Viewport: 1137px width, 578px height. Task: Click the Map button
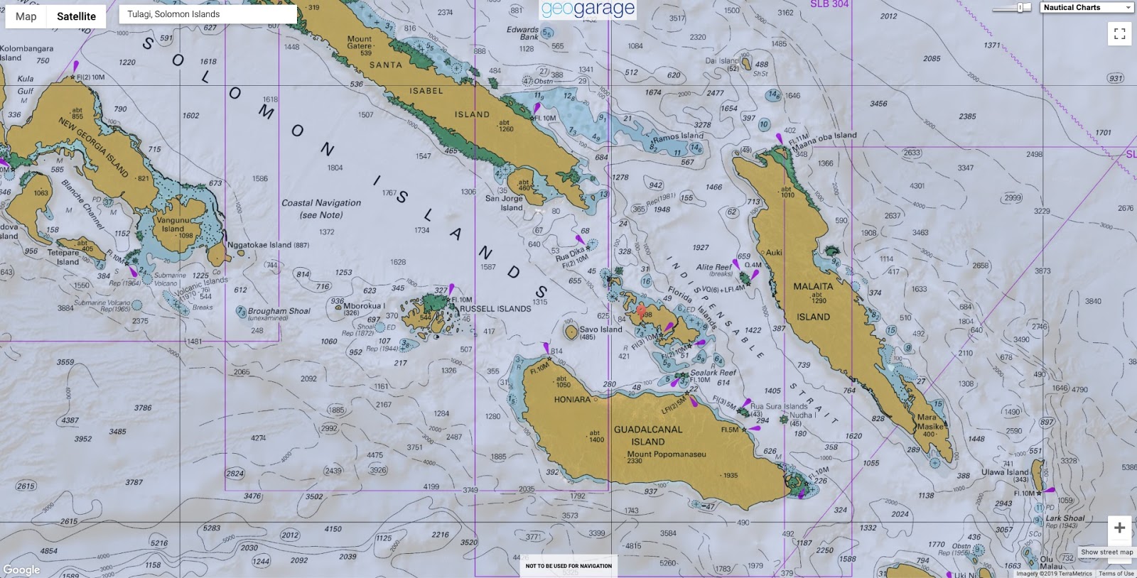(26, 16)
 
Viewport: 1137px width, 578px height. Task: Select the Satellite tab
(76, 16)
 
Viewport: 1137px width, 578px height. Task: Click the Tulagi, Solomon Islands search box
(208, 14)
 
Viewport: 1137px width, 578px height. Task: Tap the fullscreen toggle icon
(1119, 33)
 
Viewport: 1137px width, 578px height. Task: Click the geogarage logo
(588, 9)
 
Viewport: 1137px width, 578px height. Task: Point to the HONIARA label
(572, 400)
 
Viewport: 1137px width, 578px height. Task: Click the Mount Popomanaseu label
(667, 454)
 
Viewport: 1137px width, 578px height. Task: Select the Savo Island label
(600, 329)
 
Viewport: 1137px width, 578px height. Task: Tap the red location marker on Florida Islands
(642, 310)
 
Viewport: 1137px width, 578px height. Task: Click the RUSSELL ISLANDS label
(495, 309)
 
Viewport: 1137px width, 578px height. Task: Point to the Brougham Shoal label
(279, 311)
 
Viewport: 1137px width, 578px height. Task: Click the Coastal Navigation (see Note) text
(321, 208)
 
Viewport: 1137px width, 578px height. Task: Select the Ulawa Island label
(1005, 472)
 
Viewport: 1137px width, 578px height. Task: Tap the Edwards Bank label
(522, 33)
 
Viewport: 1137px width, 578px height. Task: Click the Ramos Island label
(678, 136)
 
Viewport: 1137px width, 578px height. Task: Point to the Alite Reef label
(713, 267)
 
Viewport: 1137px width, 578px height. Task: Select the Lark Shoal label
(1065, 518)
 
